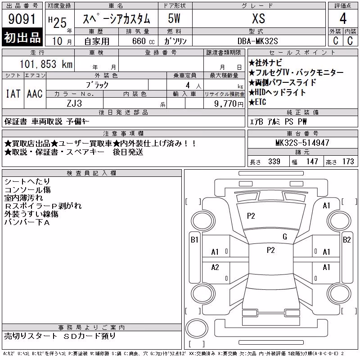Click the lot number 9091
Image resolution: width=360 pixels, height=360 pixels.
[22, 19]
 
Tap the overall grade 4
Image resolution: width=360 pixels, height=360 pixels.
[343, 18]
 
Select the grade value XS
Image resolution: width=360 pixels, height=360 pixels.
[259, 18]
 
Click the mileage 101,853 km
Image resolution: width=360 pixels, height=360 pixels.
[46, 64]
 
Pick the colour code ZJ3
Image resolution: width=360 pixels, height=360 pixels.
[74, 103]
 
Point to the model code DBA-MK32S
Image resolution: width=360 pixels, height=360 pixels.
[257, 41]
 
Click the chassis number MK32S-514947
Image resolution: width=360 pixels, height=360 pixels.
[302, 143]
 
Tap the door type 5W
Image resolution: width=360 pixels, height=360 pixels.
[174, 18]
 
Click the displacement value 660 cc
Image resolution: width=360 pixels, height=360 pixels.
[143, 41]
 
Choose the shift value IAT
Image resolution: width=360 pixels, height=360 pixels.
[13, 94]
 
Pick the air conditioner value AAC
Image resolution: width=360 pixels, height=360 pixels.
[35, 94]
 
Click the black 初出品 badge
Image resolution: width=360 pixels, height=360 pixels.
[22, 37]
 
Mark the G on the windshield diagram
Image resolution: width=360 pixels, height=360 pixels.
[285, 237]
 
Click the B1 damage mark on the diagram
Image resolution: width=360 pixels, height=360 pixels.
[194, 240]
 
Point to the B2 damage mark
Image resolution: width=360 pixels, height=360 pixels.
[346, 240]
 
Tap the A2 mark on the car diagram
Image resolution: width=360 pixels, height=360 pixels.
[215, 267]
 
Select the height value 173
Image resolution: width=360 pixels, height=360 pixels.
[348, 162]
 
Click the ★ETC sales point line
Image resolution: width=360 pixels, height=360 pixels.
[257, 102]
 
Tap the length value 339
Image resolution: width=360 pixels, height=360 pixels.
[274, 162]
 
